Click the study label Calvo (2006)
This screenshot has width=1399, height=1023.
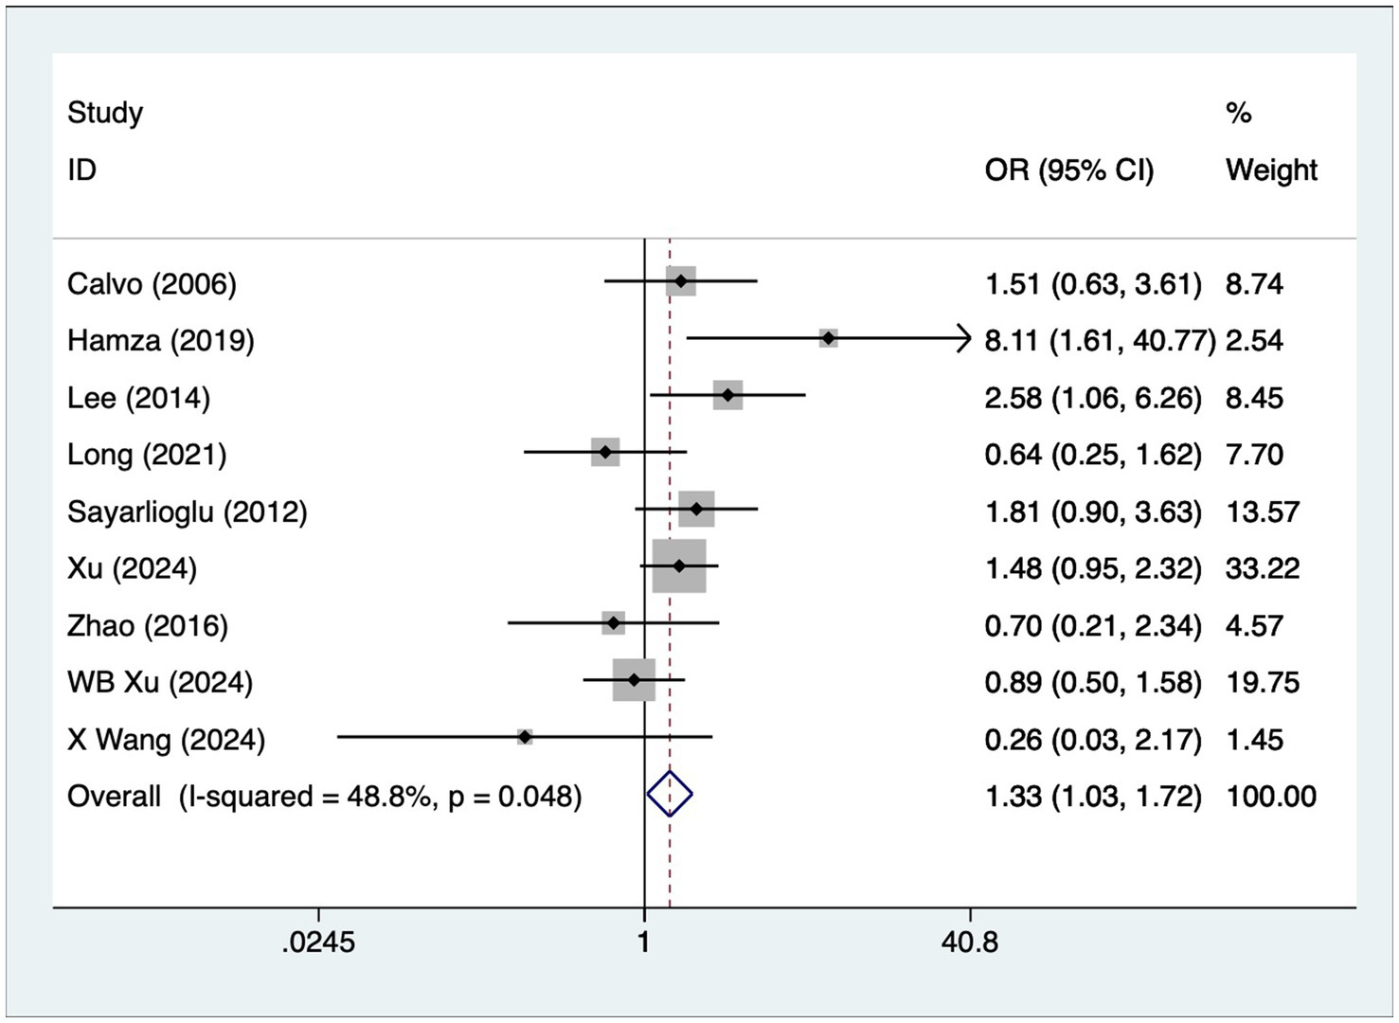(x=152, y=284)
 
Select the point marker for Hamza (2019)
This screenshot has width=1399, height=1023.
(x=829, y=338)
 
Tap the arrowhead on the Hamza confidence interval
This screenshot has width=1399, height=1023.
(x=965, y=338)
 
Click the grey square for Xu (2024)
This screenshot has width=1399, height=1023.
(x=679, y=565)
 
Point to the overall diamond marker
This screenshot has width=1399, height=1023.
(x=670, y=794)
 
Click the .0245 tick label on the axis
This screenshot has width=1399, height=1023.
(x=318, y=942)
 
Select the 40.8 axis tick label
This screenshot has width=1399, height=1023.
(x=970, y=942)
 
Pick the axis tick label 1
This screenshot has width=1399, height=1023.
(x=644, y=942)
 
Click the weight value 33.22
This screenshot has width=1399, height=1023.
(x=1262, y=568)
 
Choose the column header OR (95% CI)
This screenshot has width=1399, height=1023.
(x=1069, y=170)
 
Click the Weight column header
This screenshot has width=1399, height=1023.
(x=1271, y=170)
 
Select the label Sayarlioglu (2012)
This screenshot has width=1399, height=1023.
(x=187, y=511)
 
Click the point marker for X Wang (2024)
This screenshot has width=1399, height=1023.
(x=524, y=736)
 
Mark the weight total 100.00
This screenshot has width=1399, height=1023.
(x=1271, y=796)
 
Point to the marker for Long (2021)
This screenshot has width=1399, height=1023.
(x=605, y=452)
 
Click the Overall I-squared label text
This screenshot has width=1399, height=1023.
(x=324, y=796)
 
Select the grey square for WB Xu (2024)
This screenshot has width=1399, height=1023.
(x=634, y=680)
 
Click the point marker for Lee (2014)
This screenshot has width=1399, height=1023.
(x=727, y=395)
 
